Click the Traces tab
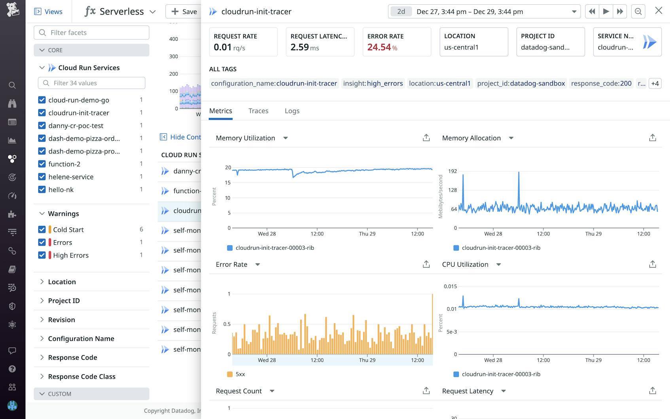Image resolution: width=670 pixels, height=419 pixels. (258, 111)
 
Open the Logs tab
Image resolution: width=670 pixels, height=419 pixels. (292, 111)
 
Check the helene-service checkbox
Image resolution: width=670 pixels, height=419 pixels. (42, 177)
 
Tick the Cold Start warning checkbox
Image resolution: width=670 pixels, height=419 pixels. (42, 229)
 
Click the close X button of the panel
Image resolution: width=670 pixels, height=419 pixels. (659, 11)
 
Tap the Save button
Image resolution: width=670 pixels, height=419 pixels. (184, 11)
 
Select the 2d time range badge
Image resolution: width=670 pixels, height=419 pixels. (401, 11)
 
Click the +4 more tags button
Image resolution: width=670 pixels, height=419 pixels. (655, 83)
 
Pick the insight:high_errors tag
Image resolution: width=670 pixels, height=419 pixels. (373, 83)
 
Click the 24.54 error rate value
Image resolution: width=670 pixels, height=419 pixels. (379, 47)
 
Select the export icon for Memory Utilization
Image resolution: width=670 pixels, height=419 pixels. (426, 138)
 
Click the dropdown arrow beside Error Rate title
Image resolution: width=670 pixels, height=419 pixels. (257, 264)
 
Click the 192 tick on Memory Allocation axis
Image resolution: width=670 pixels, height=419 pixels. (452, 171)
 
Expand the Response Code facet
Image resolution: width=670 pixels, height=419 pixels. (72, 357)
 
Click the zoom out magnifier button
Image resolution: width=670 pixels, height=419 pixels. (638, 11)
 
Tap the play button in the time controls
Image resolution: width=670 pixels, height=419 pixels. (606, 11)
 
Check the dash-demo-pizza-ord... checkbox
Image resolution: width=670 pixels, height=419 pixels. (42, 138)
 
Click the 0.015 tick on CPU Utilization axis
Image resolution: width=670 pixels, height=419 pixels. (450, 286)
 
